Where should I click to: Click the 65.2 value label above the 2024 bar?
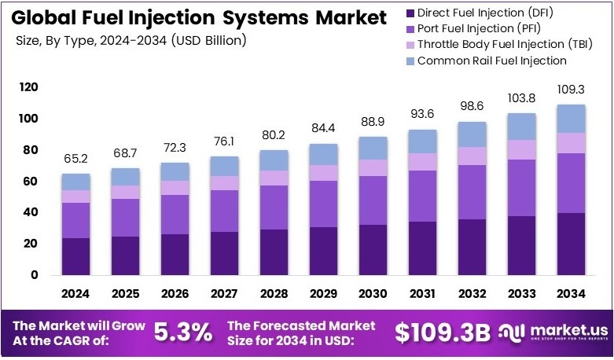[x=76, y=159]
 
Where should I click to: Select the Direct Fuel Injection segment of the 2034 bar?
[x=572, y=244]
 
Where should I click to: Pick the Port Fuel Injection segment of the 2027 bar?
[x=226, y=211]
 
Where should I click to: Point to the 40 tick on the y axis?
[x=31, y=212]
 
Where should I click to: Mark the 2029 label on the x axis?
[x=324, y=293]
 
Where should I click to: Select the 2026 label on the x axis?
[x=175, y=293]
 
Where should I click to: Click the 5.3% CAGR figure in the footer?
[x=182, y=332]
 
